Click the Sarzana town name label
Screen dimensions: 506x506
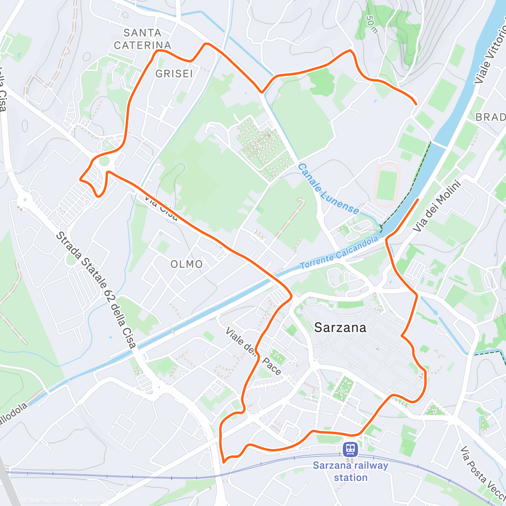pos(340,328)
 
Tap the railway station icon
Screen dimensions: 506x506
pos(350,449)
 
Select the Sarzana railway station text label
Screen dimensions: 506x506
pos(350,471)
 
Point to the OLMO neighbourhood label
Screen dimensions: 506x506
pos(186,264)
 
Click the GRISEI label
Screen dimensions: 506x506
pos(174,74)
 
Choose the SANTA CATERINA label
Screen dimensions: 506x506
pos(143,39)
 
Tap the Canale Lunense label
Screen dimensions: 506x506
pos(328,189)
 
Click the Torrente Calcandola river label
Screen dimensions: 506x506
pos(339,253)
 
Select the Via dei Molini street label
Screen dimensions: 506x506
pos(437,206)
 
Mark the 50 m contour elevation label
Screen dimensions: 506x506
pos(371,24)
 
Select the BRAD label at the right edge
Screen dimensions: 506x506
pos(490,117)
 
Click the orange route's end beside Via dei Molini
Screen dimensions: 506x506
pos(418,199)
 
